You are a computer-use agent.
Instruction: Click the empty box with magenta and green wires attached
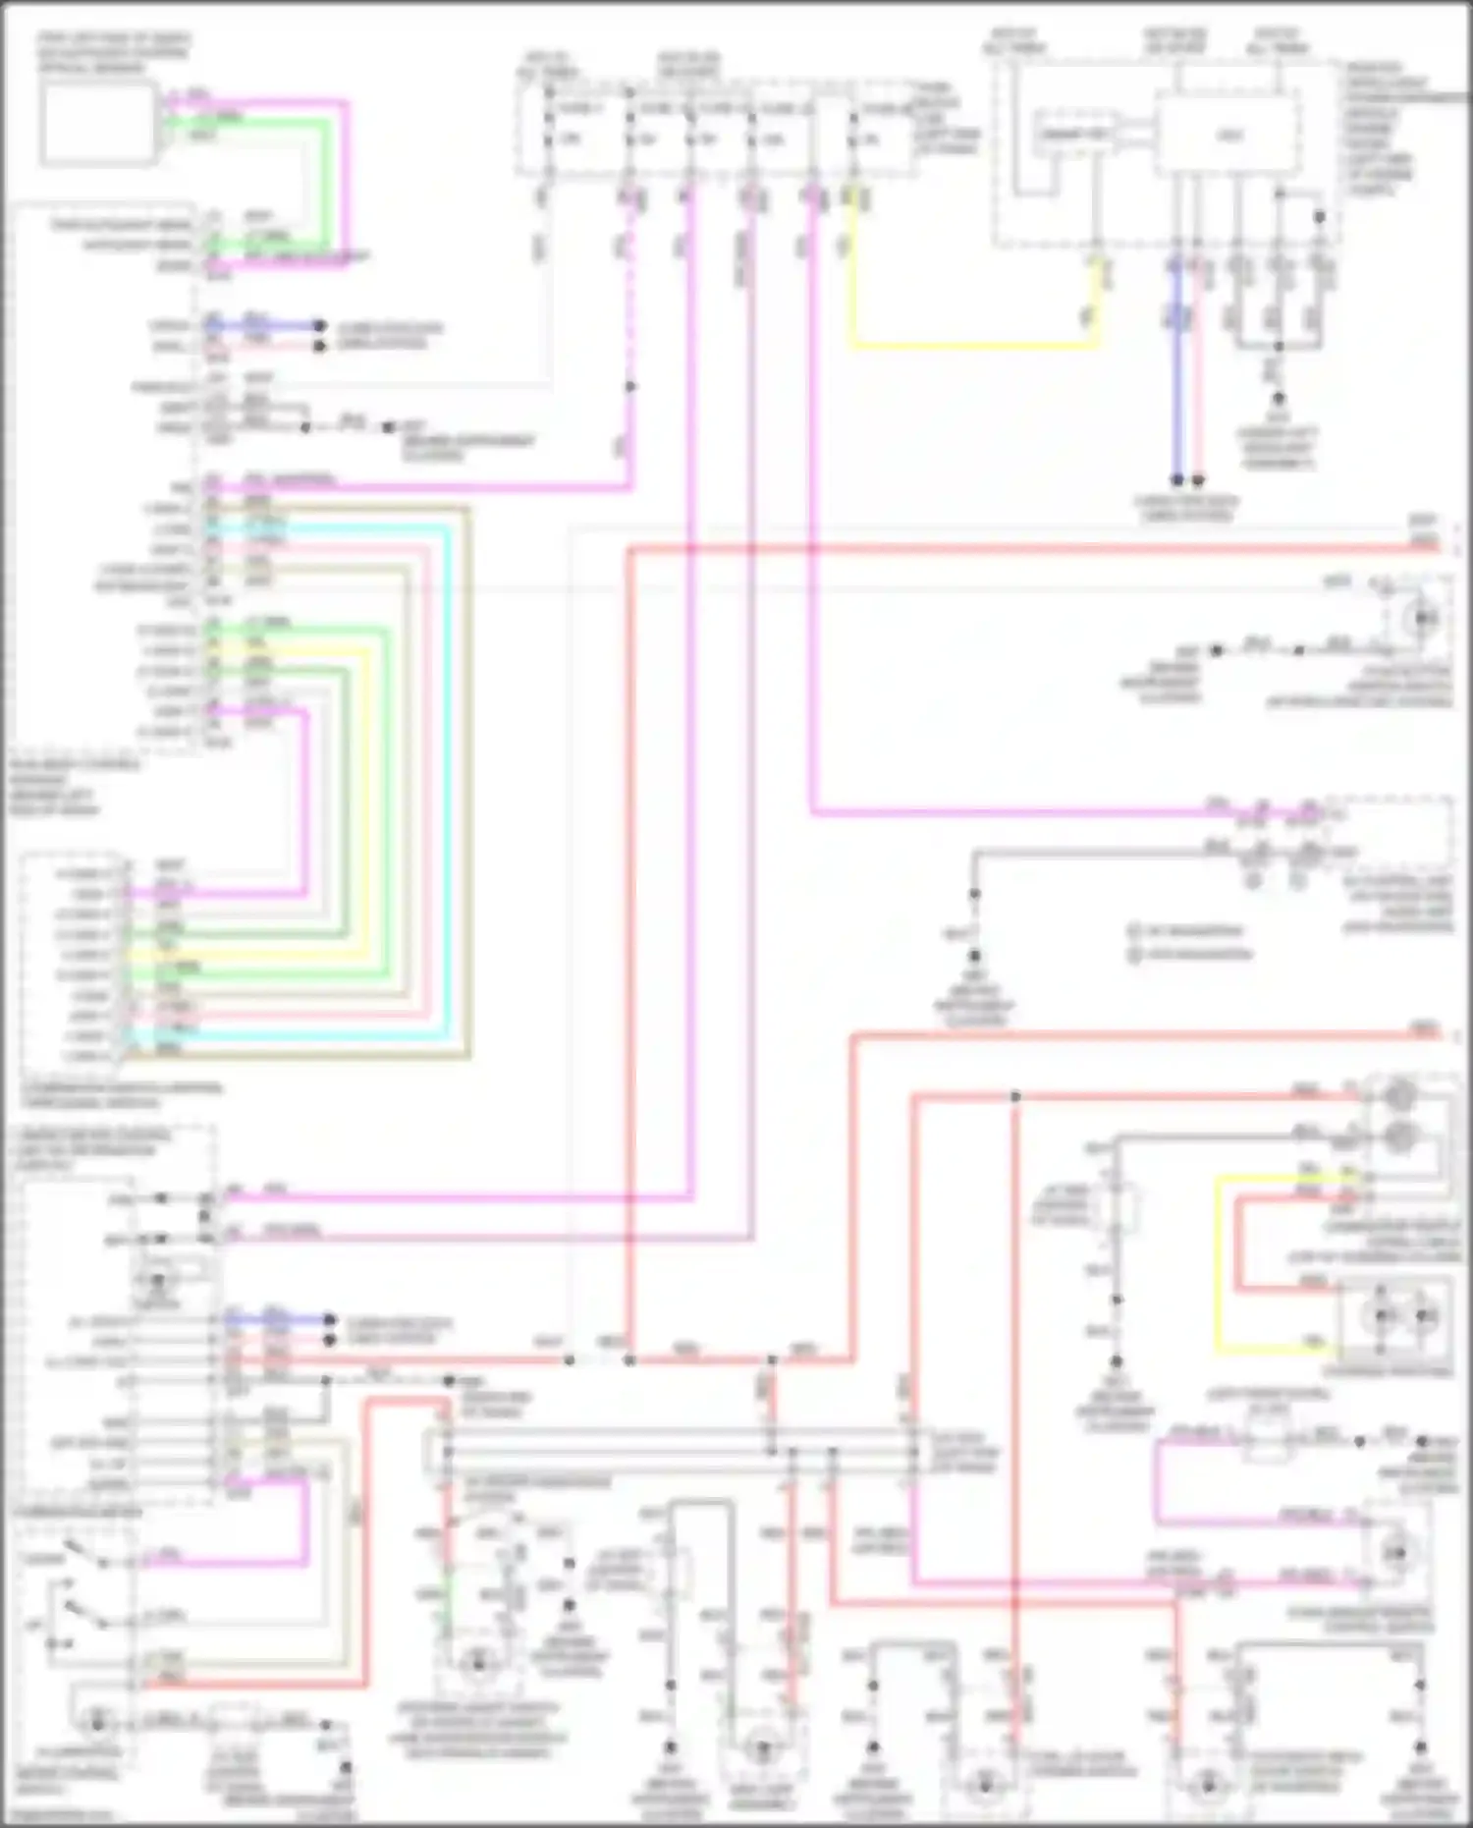pos(98,124)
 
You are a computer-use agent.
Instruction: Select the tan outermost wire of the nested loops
pos(469,786)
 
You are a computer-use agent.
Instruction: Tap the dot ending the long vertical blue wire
pos(1176,480)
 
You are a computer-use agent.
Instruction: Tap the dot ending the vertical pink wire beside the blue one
pos(1198,480)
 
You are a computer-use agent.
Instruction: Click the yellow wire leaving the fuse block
pos(972,346)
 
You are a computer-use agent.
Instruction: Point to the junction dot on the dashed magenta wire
pos(630,387)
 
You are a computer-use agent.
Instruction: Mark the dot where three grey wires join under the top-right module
pos(1279,346)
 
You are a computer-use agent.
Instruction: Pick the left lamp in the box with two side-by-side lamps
pos(1382,1315)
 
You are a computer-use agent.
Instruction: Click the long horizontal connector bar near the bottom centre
pos(678,1451)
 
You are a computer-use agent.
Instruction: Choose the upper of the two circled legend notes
pos(1135,930)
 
